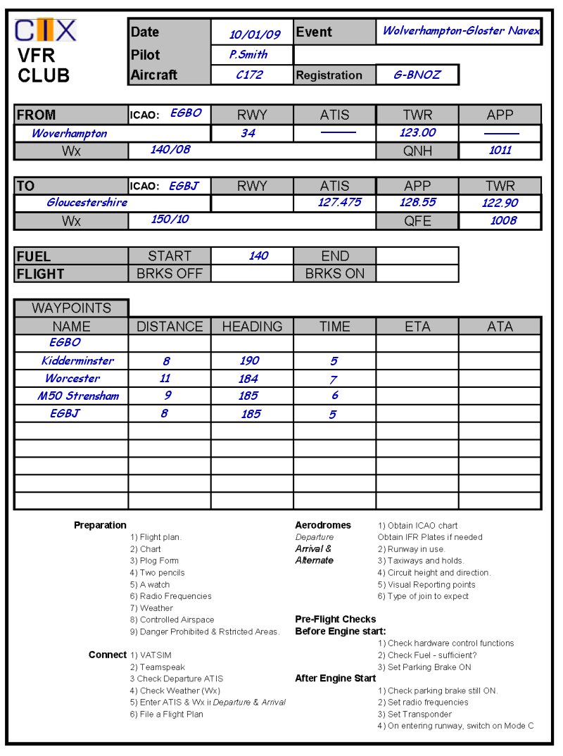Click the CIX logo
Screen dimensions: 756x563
tap(46, 31)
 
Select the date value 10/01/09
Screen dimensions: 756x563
tap(254, 34)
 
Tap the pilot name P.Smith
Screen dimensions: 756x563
tap(248, 54)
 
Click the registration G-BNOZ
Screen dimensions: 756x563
tap(417, 75)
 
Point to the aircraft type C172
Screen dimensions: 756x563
tap(249, 75)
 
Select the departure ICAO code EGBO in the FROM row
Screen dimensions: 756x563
tap(186, 113)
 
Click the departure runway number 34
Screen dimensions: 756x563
tap(248, 133)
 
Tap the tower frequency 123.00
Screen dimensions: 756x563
tap(417, 132)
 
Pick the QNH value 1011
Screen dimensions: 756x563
tap(500, 150)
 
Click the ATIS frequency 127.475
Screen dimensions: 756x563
tap(339, 203)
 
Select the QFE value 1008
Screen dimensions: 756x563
tap(503, 220)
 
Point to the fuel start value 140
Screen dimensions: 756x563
tap(258, 256)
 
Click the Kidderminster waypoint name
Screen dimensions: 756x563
tap(77, 361)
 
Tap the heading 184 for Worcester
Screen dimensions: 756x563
tap(248, 379)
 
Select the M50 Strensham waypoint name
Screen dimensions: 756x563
tap(78, 396)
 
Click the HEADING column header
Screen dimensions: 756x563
tap(252, 327)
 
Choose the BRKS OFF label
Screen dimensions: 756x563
tap(169, 274)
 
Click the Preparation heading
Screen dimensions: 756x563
tap(100, 525)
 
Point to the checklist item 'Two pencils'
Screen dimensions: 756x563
tap(162, 573)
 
